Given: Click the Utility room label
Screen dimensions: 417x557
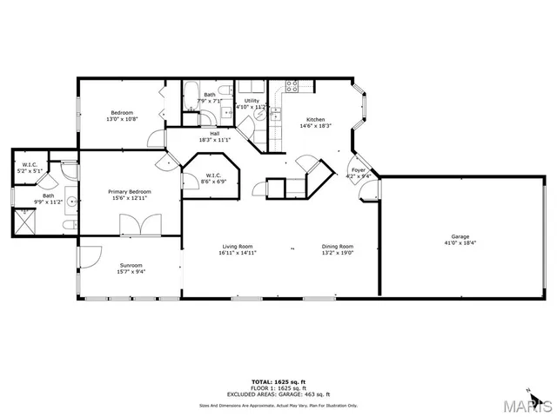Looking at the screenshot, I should [x=252, y=101].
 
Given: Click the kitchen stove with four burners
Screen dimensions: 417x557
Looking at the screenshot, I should [x=292, y=86].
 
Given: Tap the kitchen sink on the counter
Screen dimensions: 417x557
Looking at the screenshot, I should [x=275, y=115].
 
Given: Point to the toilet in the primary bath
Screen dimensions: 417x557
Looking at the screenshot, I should [x=68, y=224].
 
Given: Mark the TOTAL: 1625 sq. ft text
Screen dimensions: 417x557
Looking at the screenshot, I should [x=278, y=381].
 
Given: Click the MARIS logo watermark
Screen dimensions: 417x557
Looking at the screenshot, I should [x=530, y=405].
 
